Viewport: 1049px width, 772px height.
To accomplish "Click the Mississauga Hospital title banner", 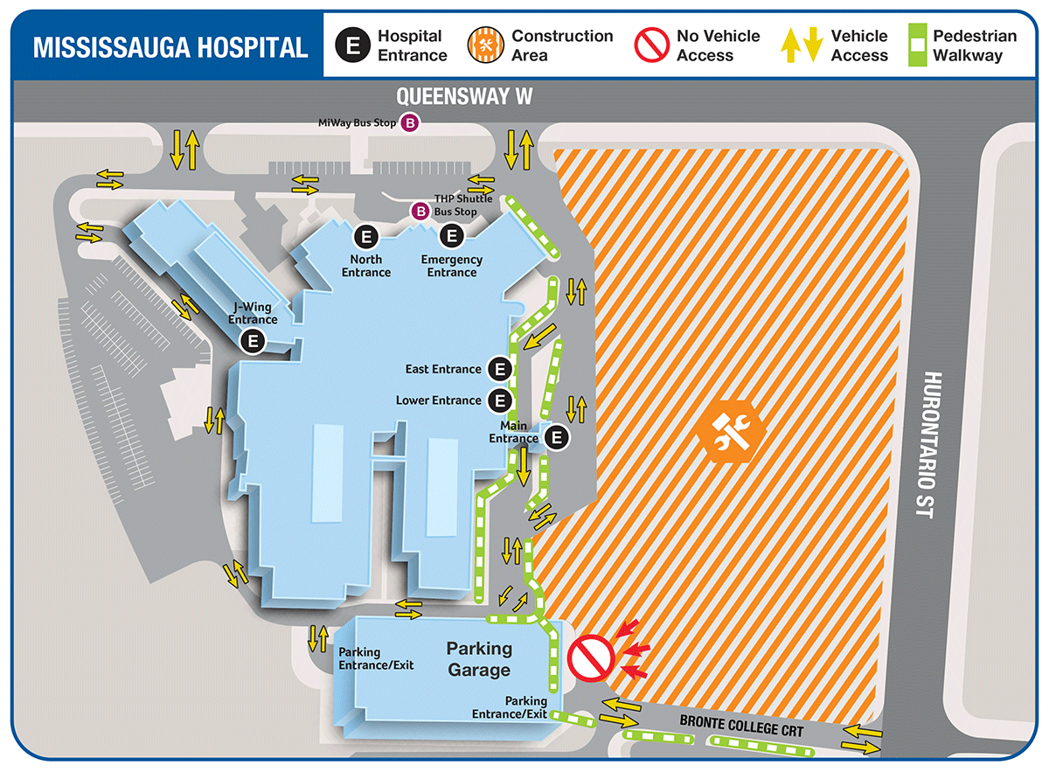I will tap(170, 46).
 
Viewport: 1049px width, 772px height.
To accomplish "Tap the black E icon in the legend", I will tap(353, 46).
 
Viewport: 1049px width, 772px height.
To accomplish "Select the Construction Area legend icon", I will tap(487, 46).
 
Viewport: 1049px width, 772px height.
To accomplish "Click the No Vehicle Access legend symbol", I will tap(652, 46).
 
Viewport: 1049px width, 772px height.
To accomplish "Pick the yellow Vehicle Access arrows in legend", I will tap(802, 45).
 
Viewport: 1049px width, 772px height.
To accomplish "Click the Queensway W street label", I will tap(463, 95).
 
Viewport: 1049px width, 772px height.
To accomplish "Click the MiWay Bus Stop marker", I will tap(409, 123).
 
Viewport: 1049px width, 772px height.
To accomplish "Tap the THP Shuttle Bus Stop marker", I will tap(420, 211).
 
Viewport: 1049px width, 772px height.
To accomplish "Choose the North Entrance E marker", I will tap(365, 236).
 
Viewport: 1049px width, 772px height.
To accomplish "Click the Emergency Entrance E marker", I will tap(452, 236).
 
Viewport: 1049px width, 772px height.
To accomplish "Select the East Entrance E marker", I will tap(499, 369).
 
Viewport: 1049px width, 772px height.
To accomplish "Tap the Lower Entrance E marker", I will tap(499, 400).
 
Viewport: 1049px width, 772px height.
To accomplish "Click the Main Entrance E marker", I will tap(558, 437).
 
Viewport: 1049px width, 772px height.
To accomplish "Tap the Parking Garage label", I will tap(479, 659).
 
